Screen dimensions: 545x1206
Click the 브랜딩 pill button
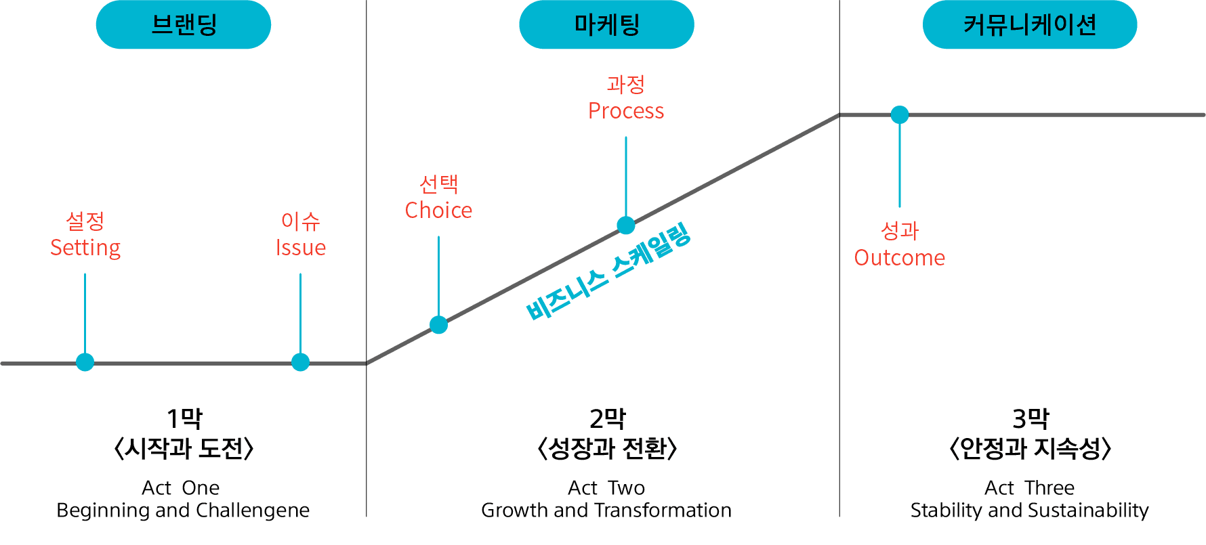tap(183, 25)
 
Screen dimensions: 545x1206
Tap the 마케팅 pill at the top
tap(606, 25)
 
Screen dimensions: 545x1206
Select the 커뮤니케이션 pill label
tap(1029, 25)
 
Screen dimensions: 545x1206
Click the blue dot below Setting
tap(85, 362)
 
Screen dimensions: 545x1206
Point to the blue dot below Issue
tap(300, 362)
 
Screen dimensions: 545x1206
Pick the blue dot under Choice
tap(438, 325)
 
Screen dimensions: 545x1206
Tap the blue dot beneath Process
tap(626, 225)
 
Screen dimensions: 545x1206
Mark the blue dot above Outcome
tap(900, 115)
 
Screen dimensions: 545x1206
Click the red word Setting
tap(85, 248)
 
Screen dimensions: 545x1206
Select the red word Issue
tap(300, 248)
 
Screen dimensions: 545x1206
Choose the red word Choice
tap(438, 211)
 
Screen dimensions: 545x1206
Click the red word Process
tap(626, 111)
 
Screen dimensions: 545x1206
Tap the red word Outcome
tap(900, 258)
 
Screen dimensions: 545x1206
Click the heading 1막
tap(184, 418)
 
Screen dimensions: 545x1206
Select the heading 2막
tap(607, 418)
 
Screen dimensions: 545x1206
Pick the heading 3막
tap(1030, 418)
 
